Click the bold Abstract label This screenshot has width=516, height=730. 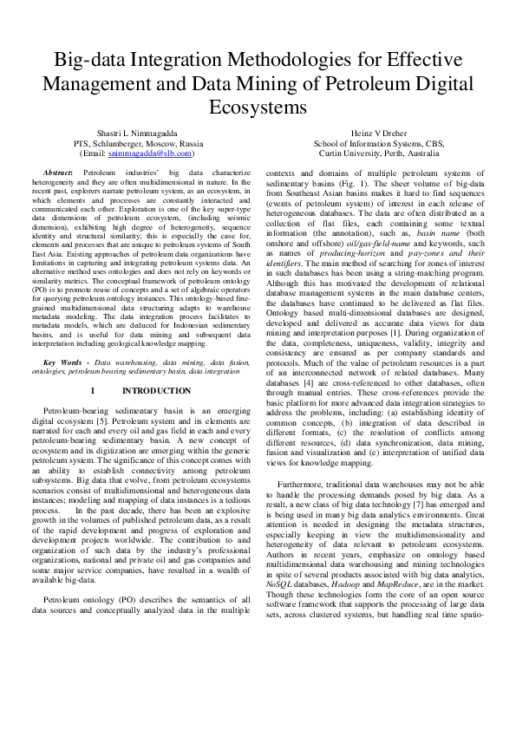click(57, 174)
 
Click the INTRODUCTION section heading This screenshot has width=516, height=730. click(147, 391)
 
